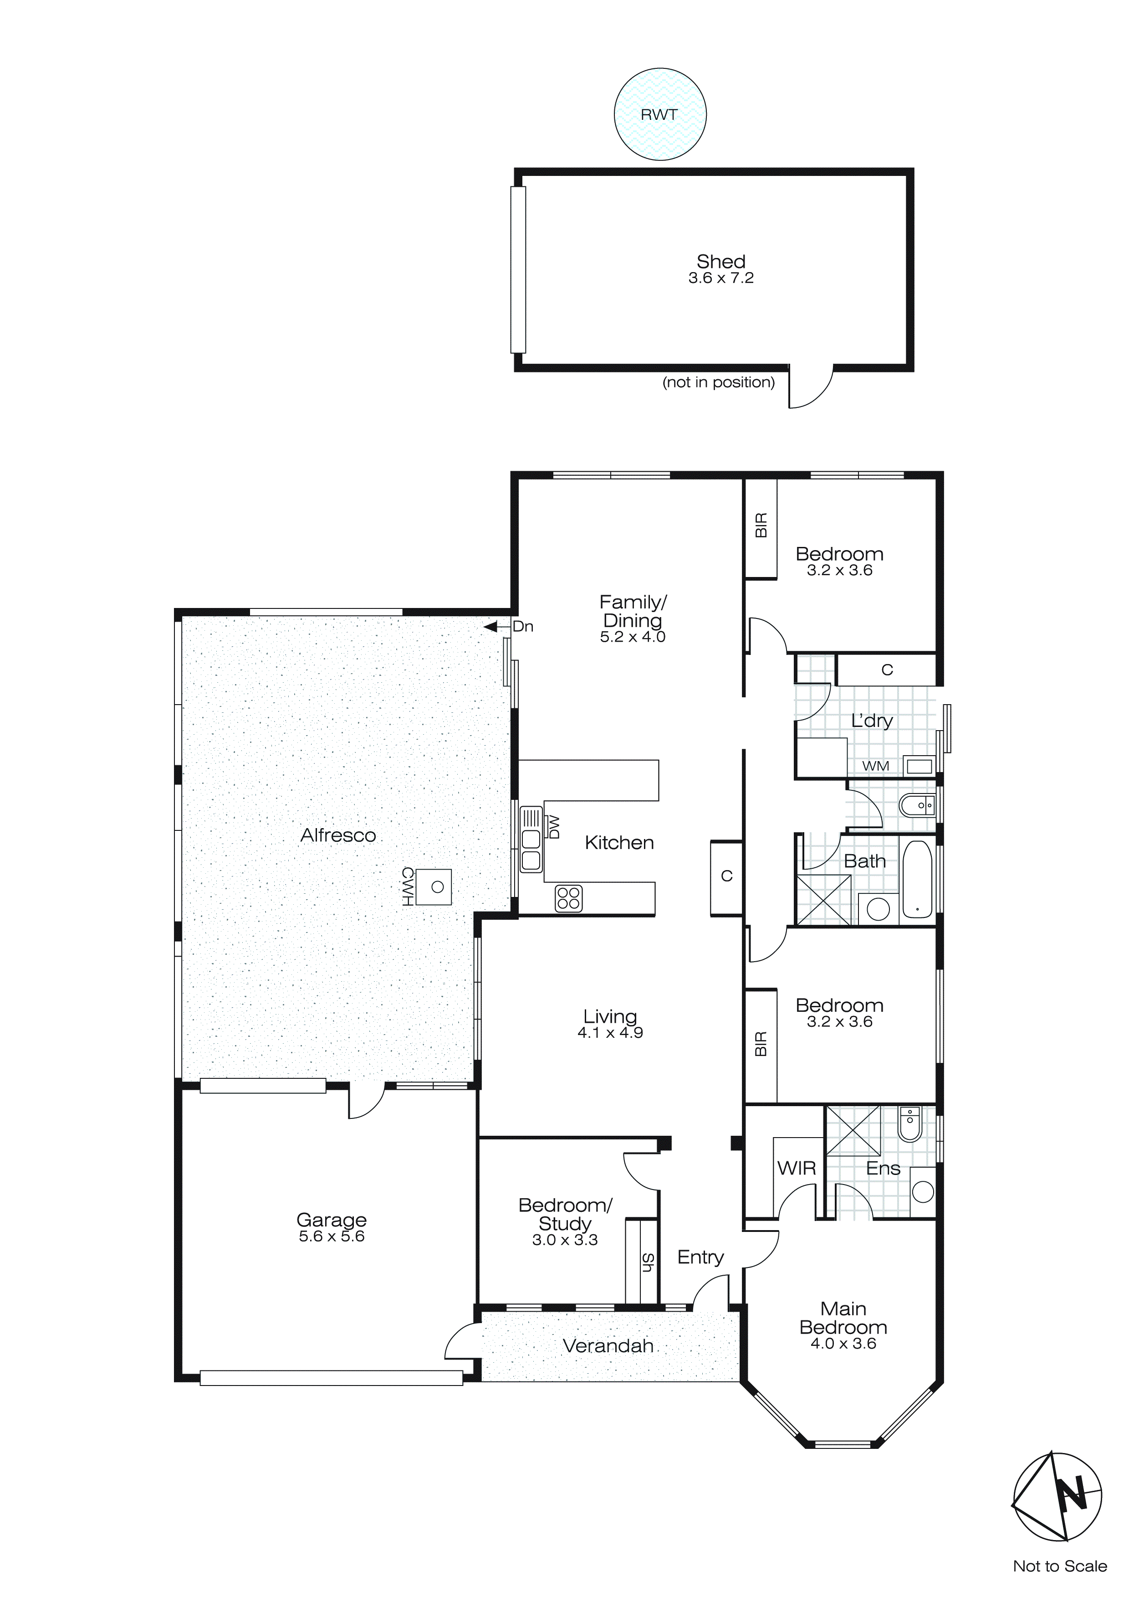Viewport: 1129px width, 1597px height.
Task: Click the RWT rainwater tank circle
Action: tap(660, 114)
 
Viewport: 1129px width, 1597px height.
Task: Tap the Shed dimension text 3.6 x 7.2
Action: tap(721, 278)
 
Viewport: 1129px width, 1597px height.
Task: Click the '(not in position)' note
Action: tap(718, 382)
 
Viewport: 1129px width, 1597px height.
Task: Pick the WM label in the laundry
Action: tap(875, 766)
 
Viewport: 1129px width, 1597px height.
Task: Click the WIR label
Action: tap(796, 1169)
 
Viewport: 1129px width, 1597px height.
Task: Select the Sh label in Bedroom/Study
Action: tap(647, 1262)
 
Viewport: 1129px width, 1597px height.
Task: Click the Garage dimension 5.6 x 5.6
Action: tap(332, 1236)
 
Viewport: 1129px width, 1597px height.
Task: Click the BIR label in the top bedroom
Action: tap(761, 525)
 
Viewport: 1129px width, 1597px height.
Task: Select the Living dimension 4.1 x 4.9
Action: tap(610, 1033)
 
